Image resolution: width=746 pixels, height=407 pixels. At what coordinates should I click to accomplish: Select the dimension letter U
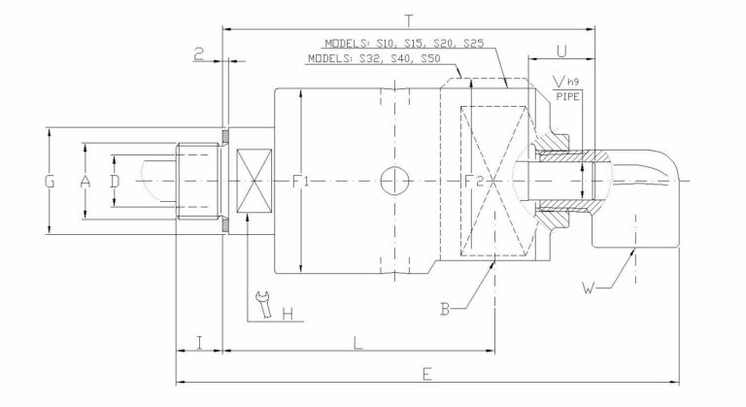tap(561, 49)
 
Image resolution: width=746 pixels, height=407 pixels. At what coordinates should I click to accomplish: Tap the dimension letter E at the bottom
tap(427, 372)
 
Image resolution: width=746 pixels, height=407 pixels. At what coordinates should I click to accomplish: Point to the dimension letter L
tap(357, 341)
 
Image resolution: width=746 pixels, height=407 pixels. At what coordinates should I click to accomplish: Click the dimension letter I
tap(198, 341)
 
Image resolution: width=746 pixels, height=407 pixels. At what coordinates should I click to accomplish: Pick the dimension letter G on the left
tap(50, 181)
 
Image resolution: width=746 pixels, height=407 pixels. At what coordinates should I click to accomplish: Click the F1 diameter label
tap(301, 181)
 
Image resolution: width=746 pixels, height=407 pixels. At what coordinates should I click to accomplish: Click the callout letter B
tap(444, 309)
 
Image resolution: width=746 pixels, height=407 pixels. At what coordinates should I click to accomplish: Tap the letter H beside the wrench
tap(287, 313)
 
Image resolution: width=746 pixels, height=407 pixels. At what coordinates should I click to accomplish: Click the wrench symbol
tap(260, 305)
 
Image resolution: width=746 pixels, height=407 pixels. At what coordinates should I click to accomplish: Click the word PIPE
tap(567, 95)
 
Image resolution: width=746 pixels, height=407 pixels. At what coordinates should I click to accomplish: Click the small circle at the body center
tap(395, 181)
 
